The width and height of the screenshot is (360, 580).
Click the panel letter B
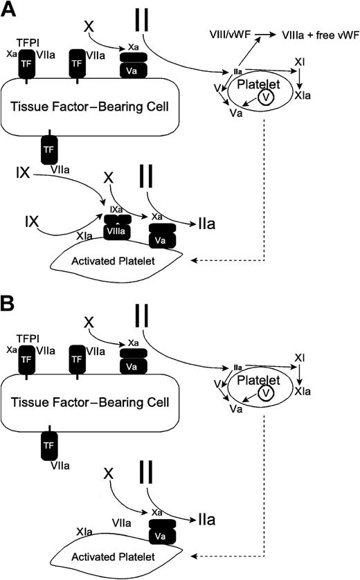(10, 302)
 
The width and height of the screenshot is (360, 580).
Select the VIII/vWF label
(233, 33)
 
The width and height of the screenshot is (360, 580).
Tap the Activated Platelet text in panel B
(109, 551)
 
